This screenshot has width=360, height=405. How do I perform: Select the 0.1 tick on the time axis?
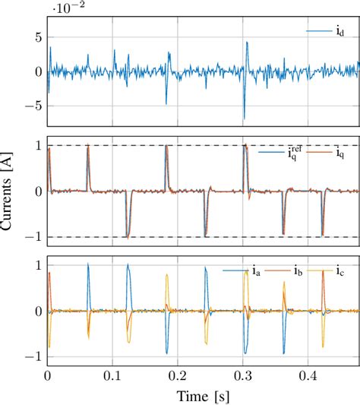click(112, 375)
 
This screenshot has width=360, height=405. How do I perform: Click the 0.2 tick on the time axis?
click(178, 375)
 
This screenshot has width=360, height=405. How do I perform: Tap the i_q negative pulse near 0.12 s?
click(128, 237)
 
